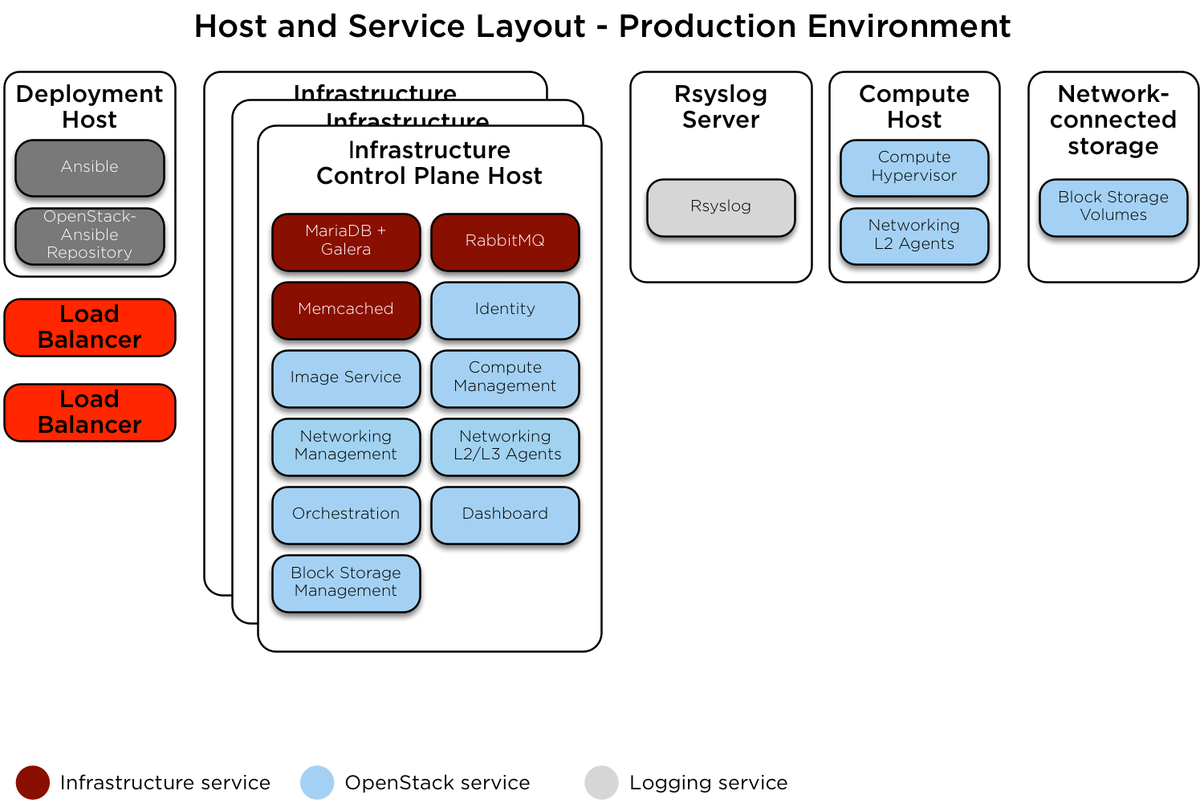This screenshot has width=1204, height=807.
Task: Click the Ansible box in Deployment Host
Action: tap(89, 167)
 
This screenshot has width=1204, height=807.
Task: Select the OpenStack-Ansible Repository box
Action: tap(89, 235)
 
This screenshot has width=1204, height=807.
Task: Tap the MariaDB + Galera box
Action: tap(345, 241)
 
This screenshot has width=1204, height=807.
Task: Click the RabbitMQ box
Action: tap(504, 241)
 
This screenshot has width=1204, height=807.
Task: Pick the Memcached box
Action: tap(345, 309)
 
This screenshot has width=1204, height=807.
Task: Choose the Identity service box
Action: tap(504, 309)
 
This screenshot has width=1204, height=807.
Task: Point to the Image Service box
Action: tap(345, 377)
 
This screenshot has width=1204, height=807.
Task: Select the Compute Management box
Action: tap(504, 377)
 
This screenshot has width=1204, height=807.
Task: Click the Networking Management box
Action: tap(345, 446)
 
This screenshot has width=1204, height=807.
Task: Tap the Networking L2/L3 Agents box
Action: tap(504, 446)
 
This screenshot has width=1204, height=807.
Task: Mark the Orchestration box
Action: tap(345, 514)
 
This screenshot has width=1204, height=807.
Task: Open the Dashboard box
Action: tap(504, 514)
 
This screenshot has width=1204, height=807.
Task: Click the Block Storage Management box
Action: tap(345, 582)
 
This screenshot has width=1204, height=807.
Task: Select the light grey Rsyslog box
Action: tap(721, 207)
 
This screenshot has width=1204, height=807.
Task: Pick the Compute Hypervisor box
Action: tap(913, 167)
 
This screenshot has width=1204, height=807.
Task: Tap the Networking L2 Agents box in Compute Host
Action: tap(913, 235)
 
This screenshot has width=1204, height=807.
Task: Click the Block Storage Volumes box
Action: tap(1112, 206)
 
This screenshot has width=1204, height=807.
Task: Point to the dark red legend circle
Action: tap(33, 782)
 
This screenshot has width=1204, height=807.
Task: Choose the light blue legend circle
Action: tap(317, 782)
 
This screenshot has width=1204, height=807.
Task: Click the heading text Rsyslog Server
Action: tap(721, 107)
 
